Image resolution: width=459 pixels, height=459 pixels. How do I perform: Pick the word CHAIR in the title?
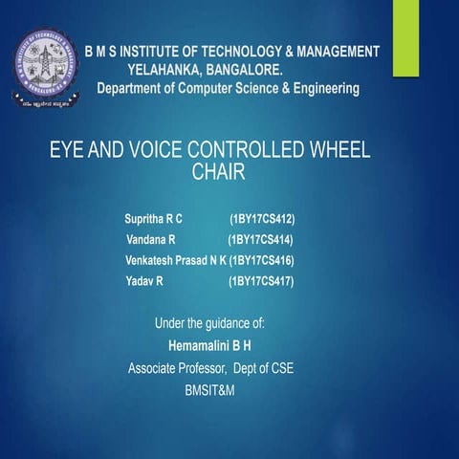click(x=219, y=173)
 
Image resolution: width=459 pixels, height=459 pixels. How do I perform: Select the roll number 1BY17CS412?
click(x=261, y=219)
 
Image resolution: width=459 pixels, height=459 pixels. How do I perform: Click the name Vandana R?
click(x=151, y=239)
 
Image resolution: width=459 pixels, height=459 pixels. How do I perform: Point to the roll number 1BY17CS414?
click(x=260, y=239)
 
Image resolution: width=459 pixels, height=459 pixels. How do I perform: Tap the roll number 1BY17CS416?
click(x=262, y=260)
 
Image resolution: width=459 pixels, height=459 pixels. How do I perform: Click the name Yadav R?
click(x=144, y=281)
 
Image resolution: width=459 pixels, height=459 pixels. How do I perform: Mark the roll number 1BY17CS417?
click(x=261, y=281)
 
